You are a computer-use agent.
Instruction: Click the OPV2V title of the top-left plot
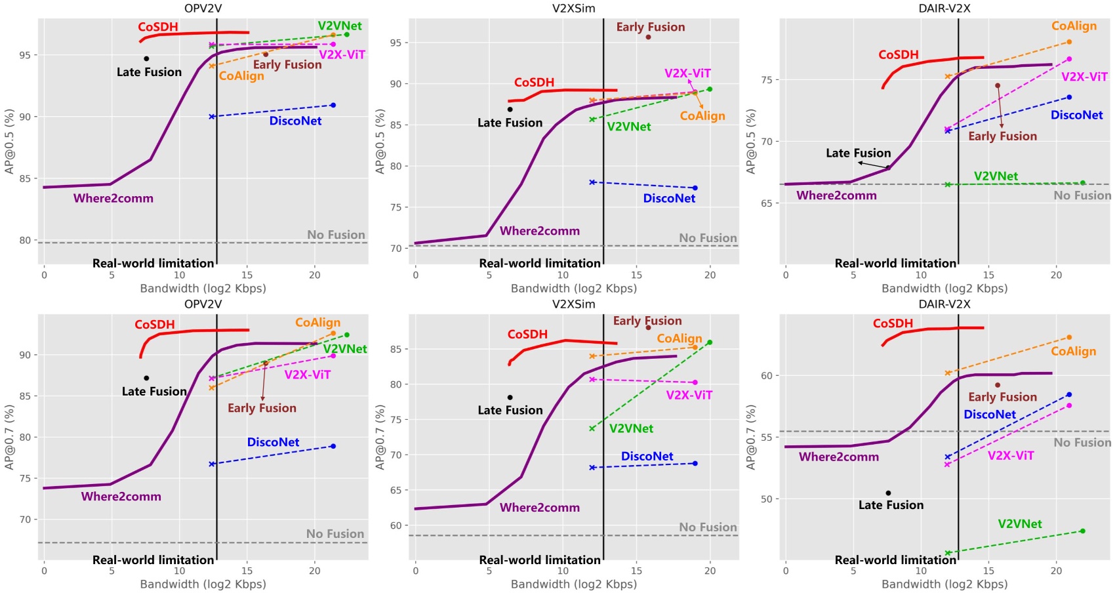(x=203, y=9)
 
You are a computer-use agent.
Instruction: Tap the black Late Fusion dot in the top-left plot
(x=146, y=58)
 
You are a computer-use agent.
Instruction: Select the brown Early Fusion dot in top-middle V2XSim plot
(x=648, y=37)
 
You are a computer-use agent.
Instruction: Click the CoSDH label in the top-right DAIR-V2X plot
(x=898, y=54)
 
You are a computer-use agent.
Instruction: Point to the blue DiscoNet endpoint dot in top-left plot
(x=333, y=105)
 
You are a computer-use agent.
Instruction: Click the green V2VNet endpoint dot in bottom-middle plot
(x=710, y=342)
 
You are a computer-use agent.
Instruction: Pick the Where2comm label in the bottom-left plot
(x=121, y=497)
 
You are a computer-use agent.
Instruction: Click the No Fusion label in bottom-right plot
(x=1082, y=443)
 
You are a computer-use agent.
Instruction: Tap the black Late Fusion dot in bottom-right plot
(x=888, y=493)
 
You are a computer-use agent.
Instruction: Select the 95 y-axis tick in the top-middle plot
(x=395, y=43)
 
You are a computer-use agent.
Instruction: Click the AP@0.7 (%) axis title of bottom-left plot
(x=9, y=437)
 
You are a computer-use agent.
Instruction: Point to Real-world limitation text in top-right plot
(x=895, y=263)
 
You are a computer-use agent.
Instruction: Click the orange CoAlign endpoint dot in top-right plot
(x=1069, y=42)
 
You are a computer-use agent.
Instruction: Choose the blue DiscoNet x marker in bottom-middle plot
(x=592, y=468)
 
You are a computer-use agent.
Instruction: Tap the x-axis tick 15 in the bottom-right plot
(x=988, y=571)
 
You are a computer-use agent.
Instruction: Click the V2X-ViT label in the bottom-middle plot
(x=689, y=395)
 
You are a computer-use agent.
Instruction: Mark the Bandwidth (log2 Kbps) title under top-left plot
(x=203, y=289)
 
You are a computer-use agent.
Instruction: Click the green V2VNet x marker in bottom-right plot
(x=948, y=553)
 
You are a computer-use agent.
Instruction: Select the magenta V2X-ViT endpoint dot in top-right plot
(x=1069, y=59)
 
